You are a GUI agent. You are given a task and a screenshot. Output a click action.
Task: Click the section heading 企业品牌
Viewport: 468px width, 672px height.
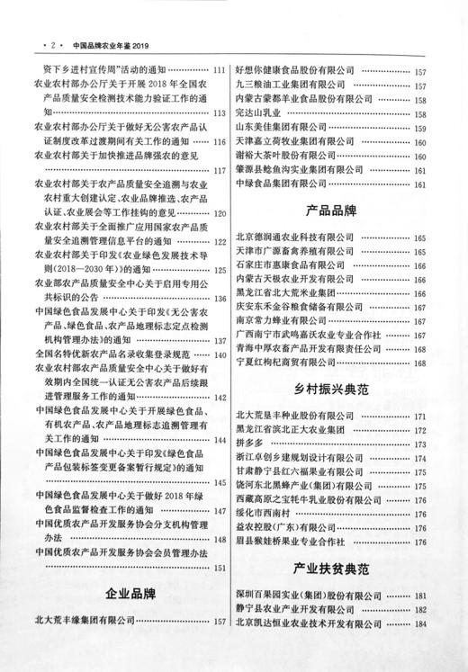[x=130, y=594]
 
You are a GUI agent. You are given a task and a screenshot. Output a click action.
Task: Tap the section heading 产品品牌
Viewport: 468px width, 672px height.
[x=332, y=211]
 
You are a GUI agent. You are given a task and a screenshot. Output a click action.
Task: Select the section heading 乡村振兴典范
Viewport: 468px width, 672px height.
[x=332, y=390]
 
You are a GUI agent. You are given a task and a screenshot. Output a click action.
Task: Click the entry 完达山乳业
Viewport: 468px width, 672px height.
[x=259, y=114]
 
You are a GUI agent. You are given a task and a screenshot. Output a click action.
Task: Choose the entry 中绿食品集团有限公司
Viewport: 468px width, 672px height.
[x=287, y=184]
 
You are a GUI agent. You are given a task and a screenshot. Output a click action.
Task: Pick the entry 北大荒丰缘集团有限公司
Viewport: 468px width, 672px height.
[x=84, y=620]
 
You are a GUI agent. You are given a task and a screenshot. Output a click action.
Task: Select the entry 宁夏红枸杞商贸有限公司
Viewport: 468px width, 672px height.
[x=292, y=363]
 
